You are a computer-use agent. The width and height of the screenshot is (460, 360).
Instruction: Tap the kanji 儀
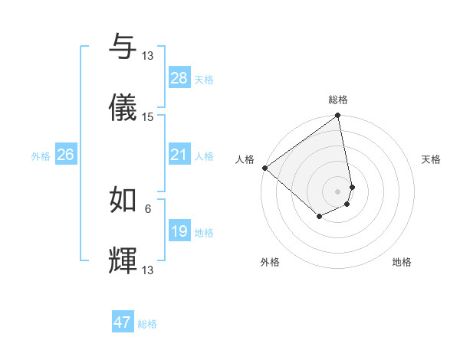coord(123,107)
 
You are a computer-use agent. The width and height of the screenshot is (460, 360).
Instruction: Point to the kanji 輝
coord(123,260)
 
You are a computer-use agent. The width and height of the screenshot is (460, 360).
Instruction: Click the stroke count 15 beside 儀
coord(148,117)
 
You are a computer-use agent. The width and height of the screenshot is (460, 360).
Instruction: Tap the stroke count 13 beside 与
coord(148,56)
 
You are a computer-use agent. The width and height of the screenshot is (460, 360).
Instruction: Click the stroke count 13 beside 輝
coord(148,270)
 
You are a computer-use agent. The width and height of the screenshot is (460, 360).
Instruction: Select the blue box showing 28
coord(179,78)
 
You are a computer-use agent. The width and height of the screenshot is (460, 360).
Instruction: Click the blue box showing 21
coord(179,155)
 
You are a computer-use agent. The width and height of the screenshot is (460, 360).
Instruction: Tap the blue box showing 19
coord(179,231)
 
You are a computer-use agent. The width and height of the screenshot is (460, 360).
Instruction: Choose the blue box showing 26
coord(65,155)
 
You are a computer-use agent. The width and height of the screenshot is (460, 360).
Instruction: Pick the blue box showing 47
coord(123,322)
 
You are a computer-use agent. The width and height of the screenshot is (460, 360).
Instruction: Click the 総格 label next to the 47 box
coord(148,324)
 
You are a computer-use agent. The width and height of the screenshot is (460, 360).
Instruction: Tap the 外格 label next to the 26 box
coord(41,156)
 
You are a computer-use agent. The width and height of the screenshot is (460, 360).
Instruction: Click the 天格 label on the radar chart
coord(432,159)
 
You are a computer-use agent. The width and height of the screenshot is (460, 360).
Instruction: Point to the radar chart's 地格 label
coord(402,262)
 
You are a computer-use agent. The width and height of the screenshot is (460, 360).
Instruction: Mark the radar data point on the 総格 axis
coord(338,116)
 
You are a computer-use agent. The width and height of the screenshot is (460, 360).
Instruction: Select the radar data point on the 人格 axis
coord(264,168)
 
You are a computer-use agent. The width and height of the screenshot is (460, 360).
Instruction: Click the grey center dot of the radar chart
coord(338,191)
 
